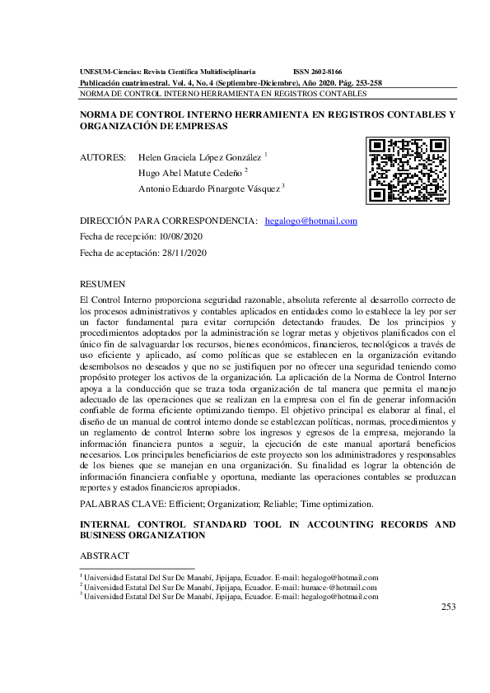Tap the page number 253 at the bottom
448,607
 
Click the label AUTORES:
103,156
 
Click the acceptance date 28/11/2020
185,253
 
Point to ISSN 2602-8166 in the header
318,72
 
